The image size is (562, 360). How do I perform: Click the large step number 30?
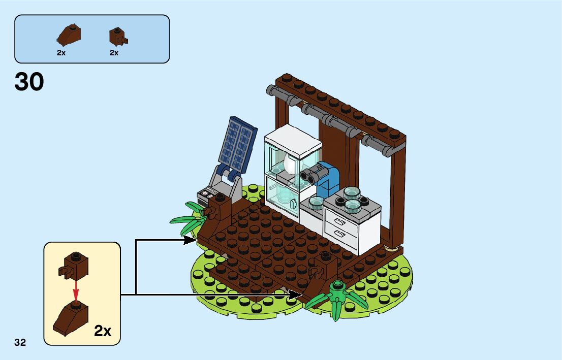(x=29, y=82)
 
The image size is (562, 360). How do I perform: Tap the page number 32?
(x=20, y=342)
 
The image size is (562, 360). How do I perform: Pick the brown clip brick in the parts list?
(x=117, y=36)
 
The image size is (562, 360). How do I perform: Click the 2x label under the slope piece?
(x=61, y=53)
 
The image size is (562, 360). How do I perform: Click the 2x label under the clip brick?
(x=114, y=53)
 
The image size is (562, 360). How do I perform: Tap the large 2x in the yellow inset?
(x=103, y=331)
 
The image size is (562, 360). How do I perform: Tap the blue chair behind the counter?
(x=329, y=180)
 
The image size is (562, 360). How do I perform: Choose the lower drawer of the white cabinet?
(x=338, y=234)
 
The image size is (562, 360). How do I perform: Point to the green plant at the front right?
(x=336, y=300)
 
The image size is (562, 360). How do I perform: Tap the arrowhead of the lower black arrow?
(x=297, y=294)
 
